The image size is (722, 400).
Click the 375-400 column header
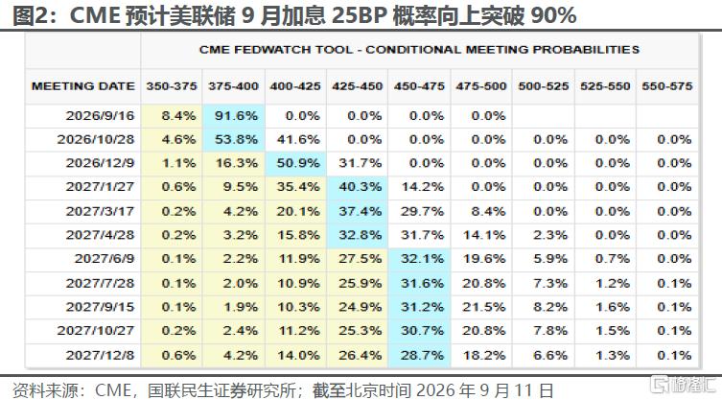tap(233, 86)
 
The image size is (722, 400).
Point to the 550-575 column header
tap(667, 86)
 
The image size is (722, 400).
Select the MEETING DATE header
tap(83, 86)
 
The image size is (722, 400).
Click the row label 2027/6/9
tap(105, 259)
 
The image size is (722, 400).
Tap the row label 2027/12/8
tap(100, 355)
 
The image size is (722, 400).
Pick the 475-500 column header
tap(481, 86)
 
